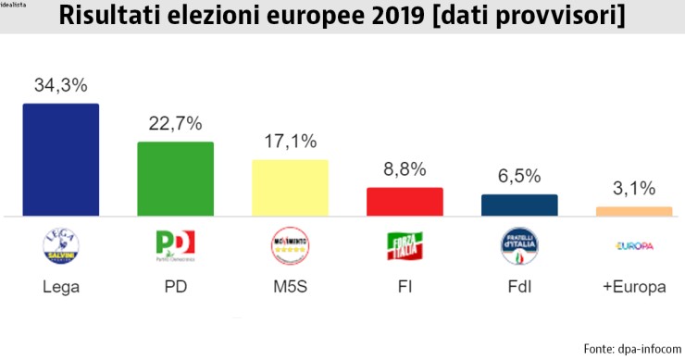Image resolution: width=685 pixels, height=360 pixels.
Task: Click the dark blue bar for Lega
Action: [x=60, y=159]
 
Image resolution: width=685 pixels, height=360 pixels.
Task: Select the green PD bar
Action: [x=175, y=179]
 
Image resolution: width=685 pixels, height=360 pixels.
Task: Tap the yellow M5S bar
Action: [x=290, y=188]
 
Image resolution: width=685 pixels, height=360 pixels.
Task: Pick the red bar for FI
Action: [x=405, y=202]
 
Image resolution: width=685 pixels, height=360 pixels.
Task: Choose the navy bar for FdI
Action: [x=519, y=205]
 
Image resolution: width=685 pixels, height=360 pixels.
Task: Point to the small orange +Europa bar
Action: [x=634, y=212]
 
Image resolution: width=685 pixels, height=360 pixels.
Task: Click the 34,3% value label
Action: [x=60, y=85]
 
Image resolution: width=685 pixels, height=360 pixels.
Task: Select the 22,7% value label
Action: [x=175, y=124]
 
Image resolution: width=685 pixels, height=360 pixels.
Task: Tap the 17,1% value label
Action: [x=290, y=142]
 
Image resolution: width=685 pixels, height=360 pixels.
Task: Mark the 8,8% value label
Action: [x=405, y=169]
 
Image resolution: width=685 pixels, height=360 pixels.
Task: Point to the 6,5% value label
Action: [x=519, y=177]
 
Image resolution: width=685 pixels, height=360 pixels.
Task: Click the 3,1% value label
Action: [x=634, y=190]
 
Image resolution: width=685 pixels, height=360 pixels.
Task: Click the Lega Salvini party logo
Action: [x=60, y=245]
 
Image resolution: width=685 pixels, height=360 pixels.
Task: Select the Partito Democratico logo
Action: [x=175, y=245]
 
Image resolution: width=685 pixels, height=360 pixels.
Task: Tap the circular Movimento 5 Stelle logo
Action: [x=290, y=245]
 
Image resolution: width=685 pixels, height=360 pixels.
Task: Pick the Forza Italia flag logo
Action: [x=405, y=245]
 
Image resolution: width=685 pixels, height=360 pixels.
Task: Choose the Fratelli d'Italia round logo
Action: [x=519, y=245]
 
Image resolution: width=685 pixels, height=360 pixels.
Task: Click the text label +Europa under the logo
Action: [x=634, y=287]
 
